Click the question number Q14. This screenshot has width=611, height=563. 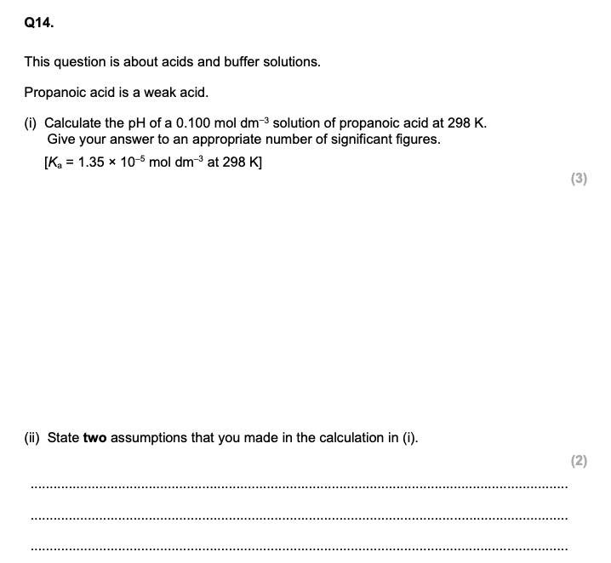[38, 25]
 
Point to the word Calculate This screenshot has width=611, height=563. [74, 122]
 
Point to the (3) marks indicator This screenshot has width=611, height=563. [579, 179]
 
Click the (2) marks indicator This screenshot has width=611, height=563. [579, 462]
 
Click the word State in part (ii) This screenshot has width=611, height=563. [63, 438]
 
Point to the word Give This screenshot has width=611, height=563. [61, 139]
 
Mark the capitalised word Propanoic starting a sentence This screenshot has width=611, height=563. [54, 92]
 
